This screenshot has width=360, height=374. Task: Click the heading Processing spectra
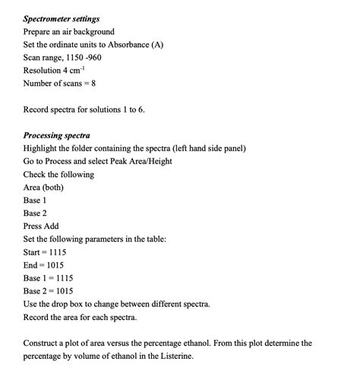57,135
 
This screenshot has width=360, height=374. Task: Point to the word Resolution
43,71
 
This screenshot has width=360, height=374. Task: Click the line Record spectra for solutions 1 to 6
84,109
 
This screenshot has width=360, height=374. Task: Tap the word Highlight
40,148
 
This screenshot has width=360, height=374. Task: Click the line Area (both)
43,187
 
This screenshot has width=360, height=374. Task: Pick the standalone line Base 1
35,200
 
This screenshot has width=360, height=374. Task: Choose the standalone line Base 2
35,214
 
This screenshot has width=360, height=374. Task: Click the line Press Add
41,227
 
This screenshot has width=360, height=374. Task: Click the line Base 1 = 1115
49,278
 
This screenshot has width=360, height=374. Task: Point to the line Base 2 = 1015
49,291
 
